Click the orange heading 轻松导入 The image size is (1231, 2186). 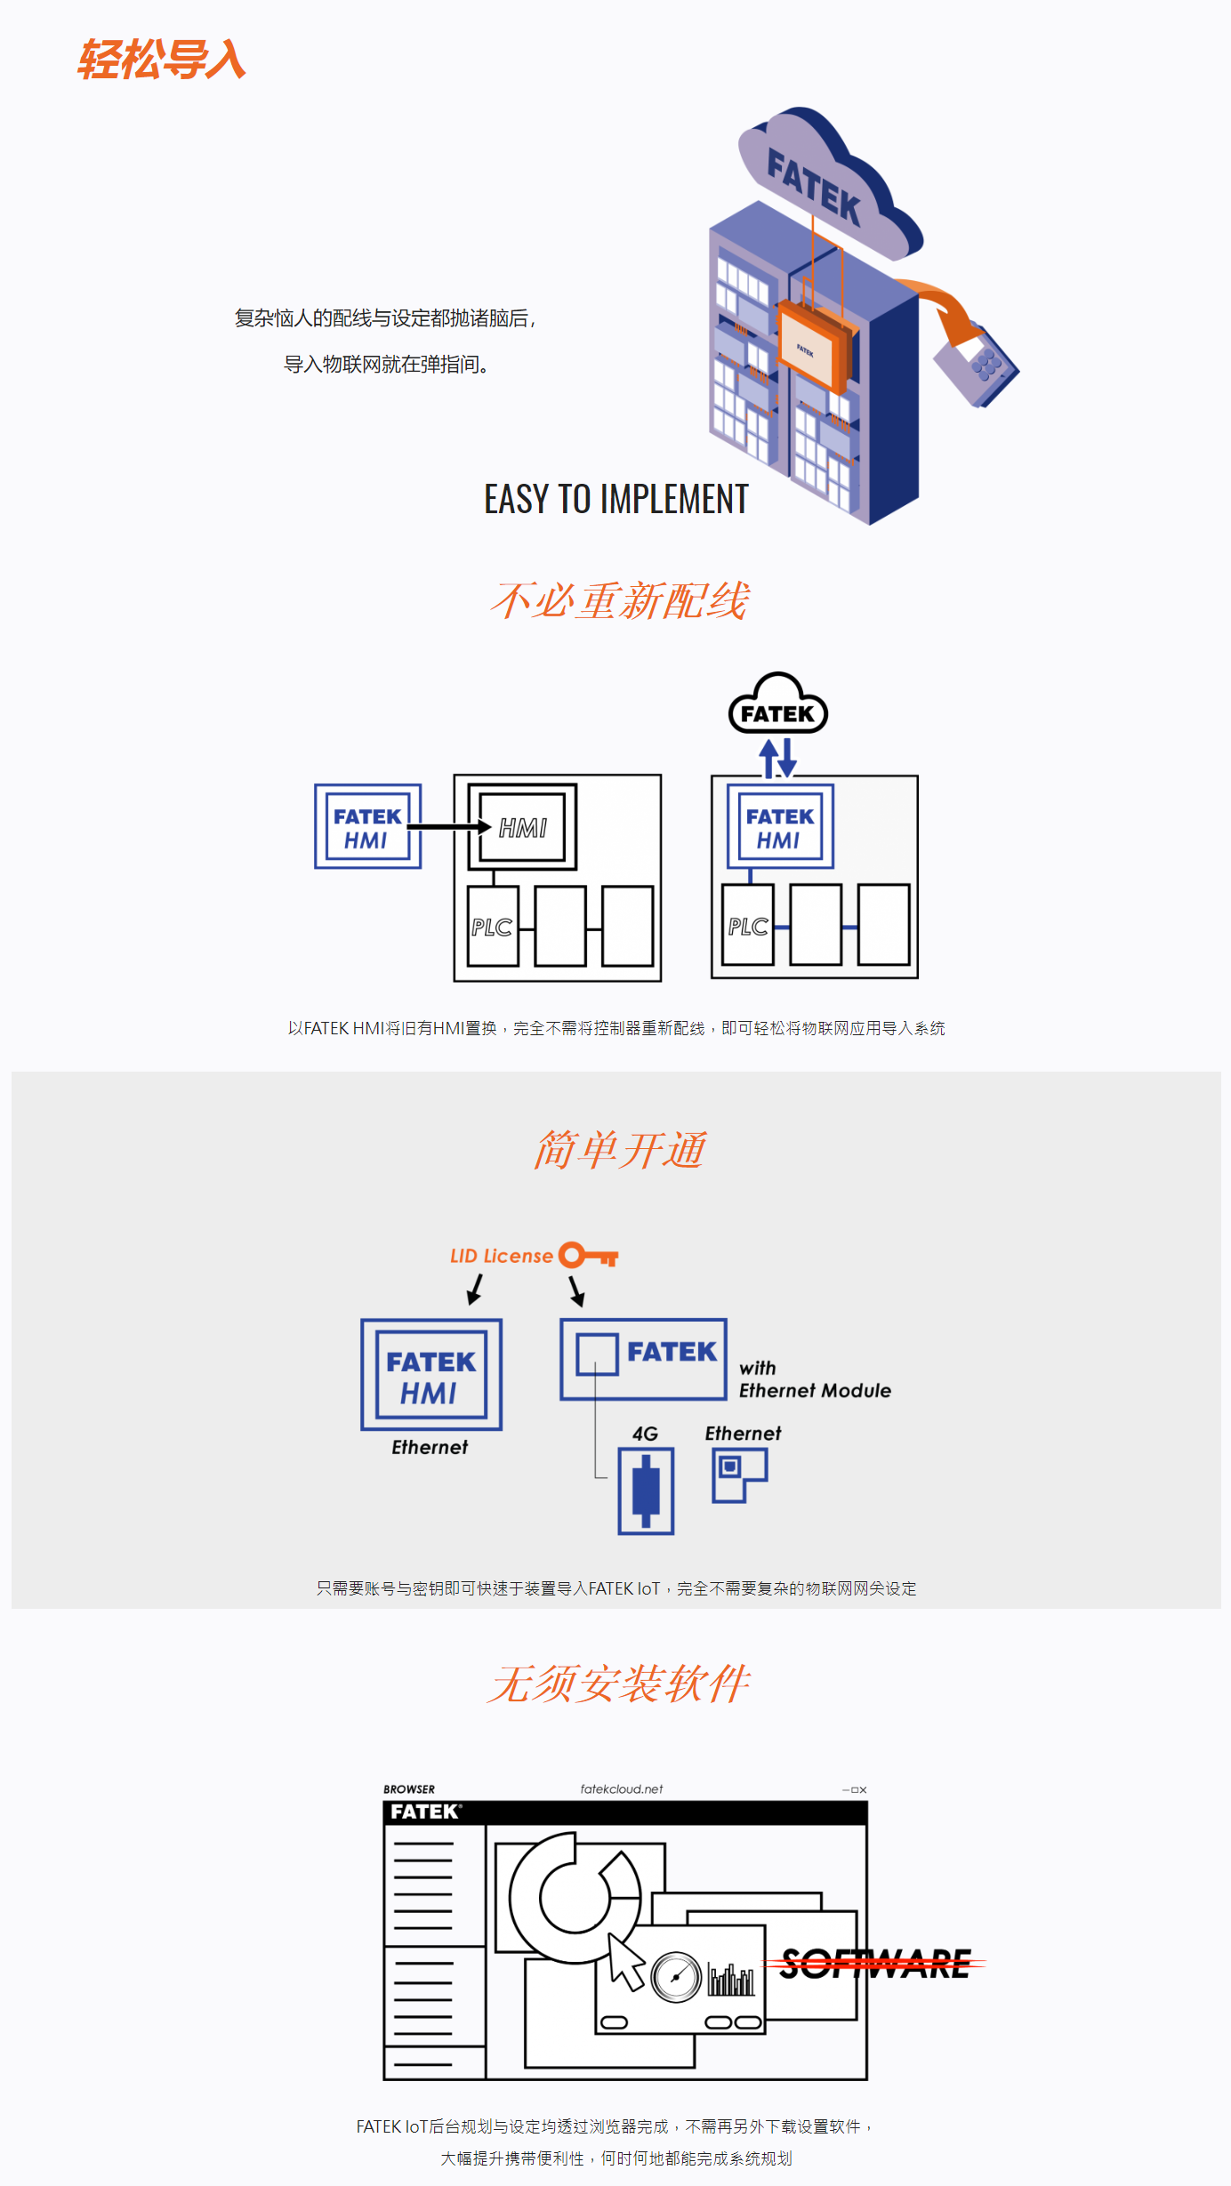(161, 60)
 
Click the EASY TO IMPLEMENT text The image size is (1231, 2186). (616, 499)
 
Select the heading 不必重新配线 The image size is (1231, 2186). (619, 600)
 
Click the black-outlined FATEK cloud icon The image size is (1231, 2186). (778, 703)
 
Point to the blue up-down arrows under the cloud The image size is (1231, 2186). (777, 759)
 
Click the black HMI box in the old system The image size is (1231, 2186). (523, 827)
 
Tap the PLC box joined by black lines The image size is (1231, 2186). (493, 926)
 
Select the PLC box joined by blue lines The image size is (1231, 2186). (748, 925)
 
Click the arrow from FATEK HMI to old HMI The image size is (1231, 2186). (450, 827)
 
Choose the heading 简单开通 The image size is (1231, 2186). (619, 1150)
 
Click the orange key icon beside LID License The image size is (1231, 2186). (588, 1255)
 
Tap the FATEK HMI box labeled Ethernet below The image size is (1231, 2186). (431, 1375)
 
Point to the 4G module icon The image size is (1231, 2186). (647, 1491)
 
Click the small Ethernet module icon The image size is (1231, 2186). (740, 1475)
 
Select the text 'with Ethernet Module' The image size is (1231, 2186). (815, 1379)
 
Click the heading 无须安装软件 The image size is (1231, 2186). (619, 1684)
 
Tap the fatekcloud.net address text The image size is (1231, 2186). (622, 1789)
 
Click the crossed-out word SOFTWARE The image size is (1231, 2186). (875, 1964)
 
